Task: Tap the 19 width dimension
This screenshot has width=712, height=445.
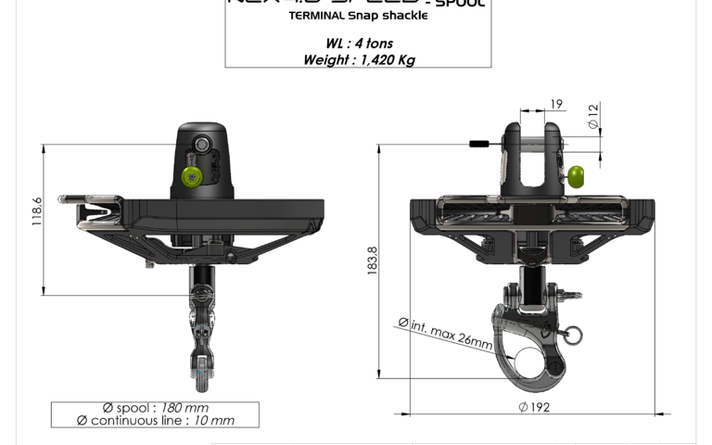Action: click(554, 105)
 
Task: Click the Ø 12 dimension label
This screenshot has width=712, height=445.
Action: click(592, 117)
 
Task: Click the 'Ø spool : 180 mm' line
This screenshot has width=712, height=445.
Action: click(155, 407)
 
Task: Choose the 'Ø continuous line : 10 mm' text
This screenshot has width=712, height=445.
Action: click(155, 420)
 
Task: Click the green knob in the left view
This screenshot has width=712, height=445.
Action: click(193, 176)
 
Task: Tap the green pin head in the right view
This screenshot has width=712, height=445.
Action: click(577, 175)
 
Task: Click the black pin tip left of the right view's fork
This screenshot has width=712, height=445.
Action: click(479, 144)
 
